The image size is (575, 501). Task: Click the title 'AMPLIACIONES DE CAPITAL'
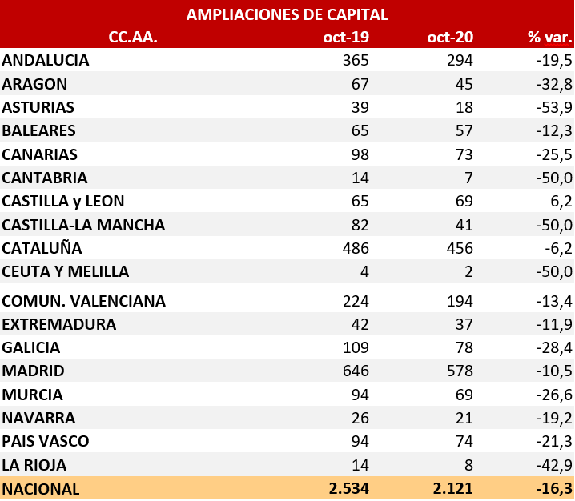287,14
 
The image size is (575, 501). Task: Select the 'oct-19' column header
345,38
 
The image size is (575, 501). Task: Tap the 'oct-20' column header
450,38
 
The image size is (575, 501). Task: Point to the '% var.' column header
550,38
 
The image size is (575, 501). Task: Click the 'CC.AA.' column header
133,38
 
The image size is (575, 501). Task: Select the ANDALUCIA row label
46,61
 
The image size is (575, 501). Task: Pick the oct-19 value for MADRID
353,371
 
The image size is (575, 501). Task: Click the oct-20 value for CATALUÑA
458,248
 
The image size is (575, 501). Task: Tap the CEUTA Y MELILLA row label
66,271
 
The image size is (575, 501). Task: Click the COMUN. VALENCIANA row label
84,302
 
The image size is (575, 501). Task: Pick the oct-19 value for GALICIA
354,348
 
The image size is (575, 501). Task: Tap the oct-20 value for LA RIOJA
468,465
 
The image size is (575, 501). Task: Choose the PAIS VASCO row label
46,442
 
